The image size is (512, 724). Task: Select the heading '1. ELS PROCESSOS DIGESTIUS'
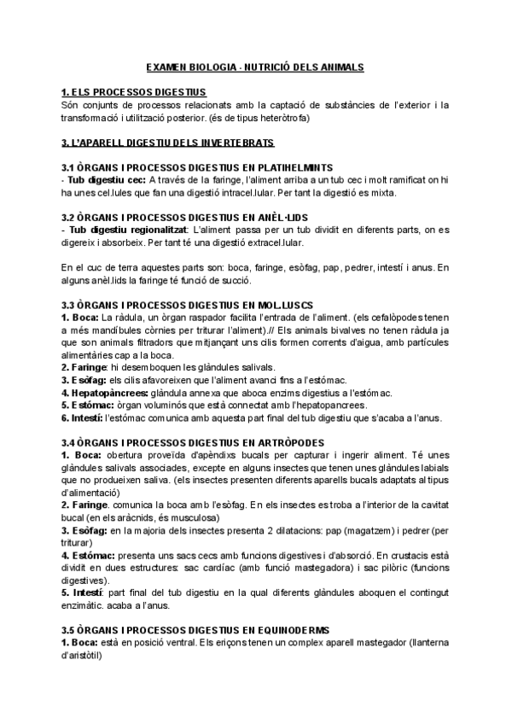pyautogui.click(x=135, y=91)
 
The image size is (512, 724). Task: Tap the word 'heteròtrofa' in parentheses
pyautogui.click(x=285, y=117)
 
